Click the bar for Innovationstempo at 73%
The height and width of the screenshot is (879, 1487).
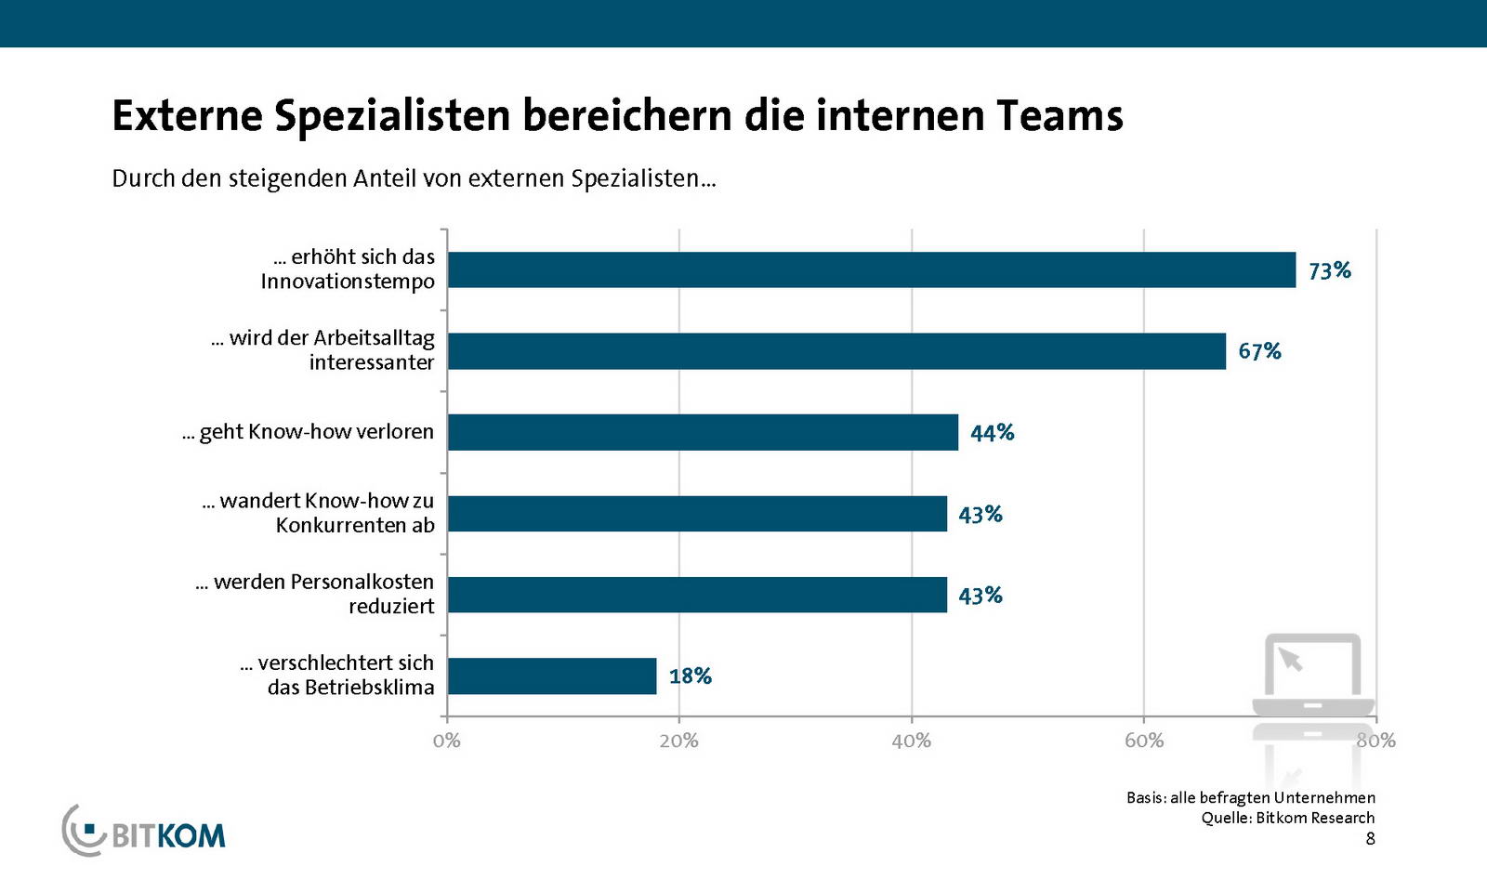click(x=871, y=269)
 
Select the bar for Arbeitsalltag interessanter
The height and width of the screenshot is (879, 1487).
click(x=836, y=351)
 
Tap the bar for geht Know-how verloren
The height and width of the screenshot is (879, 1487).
click(x=703, y=432)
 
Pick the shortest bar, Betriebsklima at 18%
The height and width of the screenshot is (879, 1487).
click(x=552, y=676)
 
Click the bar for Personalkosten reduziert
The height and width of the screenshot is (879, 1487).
click(x=697, y=595)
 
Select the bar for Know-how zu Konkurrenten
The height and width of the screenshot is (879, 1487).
click(x=697, y=514)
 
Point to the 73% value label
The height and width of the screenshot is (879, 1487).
click(x=1329, y=270)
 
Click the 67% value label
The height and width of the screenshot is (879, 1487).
click(x=1259, y=351)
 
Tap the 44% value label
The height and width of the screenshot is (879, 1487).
click(x=992, y=433)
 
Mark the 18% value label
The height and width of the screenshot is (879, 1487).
click(x=690, y=676)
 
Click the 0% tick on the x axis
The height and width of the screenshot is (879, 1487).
click(x=446, y=741)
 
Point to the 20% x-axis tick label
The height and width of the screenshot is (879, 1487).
click(x=678, y=741)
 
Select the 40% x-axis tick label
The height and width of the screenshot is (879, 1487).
click(x=911, y=741)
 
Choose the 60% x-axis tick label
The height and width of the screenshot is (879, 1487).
click(x=1143, y=741)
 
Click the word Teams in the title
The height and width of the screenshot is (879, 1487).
click(x=1059, y=116)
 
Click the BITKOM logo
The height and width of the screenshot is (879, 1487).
click(x=144, y=831)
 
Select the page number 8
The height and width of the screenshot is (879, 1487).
click(x=1370, y=839)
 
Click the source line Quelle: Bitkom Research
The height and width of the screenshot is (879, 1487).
click(x=1287, y=818)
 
